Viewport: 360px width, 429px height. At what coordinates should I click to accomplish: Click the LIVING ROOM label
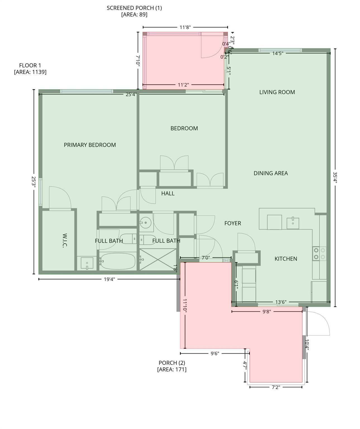click(277, 92)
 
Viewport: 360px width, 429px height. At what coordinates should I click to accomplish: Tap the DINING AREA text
click(270, 173)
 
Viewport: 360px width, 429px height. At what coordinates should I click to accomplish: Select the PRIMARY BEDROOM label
click(90, 145)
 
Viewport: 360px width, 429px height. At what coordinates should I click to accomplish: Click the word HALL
click(168, 193)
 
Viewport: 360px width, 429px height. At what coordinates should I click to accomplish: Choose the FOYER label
click(232, 223)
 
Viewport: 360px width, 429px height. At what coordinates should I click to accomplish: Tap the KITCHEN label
click(285, 259)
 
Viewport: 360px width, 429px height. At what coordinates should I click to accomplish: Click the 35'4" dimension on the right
click(335, 177)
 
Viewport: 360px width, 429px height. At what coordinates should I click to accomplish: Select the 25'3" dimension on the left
click(34, 182)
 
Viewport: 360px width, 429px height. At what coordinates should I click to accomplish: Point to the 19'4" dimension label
click(109, 279)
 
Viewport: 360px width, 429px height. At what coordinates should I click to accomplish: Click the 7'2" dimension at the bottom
click(276, 387)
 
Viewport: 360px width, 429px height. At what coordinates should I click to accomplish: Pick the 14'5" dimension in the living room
click(278, 53)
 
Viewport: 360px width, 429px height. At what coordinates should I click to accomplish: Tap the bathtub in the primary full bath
click(118, 261)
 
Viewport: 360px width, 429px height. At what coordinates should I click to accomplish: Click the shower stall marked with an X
click(158, 259)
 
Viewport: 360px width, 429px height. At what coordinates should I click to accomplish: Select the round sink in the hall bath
click(145, 223)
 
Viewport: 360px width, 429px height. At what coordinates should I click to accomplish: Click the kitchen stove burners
click(319, 254)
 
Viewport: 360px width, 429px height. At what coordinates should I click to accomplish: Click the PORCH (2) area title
click(171, 363)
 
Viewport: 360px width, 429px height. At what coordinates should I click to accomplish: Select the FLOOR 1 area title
click(30, 65)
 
